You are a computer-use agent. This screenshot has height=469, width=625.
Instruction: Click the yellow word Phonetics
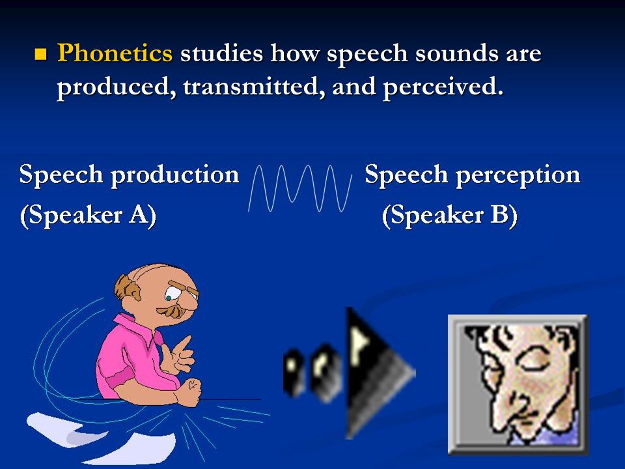(115, 53)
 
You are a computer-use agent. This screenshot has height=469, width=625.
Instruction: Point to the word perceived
(442, 87)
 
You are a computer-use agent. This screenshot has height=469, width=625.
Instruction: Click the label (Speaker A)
(88, 216)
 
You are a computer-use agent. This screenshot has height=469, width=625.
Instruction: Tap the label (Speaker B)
(449, 216)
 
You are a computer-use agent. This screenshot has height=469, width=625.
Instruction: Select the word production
(176, 175)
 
